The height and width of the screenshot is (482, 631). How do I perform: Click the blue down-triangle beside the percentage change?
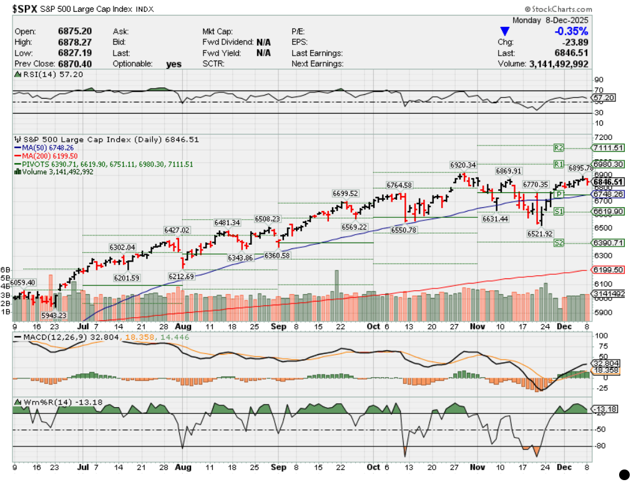[505, 31]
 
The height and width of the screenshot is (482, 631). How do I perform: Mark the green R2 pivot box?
[559, 148]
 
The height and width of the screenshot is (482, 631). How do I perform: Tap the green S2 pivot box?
[559, 242]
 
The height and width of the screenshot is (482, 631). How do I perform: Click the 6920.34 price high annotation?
[463, 165]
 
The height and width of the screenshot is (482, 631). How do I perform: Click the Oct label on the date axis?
[373, 327]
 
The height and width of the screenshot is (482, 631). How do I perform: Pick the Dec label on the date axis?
[564, 327]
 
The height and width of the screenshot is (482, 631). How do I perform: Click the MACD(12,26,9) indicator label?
[51, 338]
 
